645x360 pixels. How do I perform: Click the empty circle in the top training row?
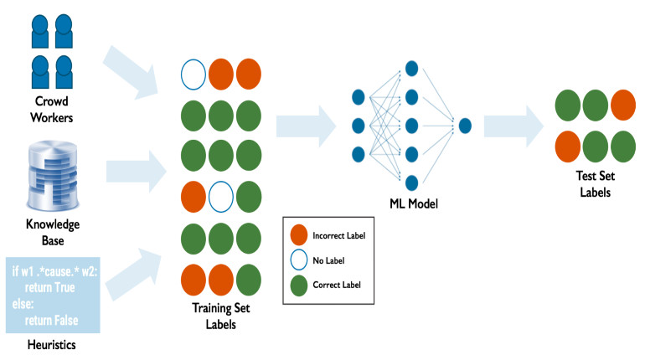click(193, 73)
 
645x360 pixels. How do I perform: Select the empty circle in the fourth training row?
click(222, 198)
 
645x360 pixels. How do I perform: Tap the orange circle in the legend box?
click(299, 236)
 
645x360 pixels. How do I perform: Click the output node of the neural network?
click(465, 126)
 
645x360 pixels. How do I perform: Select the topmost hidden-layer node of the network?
click(411, 67)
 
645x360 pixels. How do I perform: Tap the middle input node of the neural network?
click(359, 126)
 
